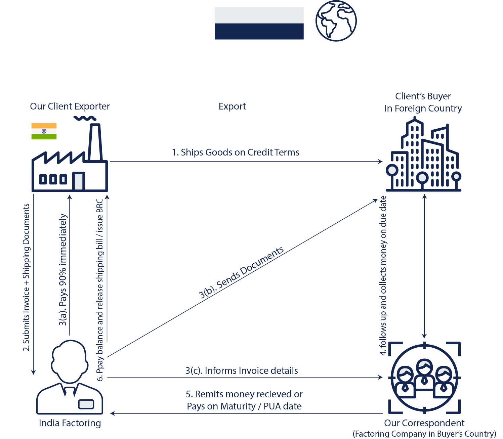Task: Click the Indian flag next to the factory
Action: (x=44, y=131)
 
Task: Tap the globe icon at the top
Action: (x=336, y=21)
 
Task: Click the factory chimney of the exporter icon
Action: (x=95, y=143)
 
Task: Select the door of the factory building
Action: (x=78, y=181)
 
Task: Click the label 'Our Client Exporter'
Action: (x=70, y=106)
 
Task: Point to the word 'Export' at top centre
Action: (x=232, y=106)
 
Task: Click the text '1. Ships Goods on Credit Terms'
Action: (x=235, y=152)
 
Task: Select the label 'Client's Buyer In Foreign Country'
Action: (x=423, y=102)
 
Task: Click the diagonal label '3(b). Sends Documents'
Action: (x=241, y=273)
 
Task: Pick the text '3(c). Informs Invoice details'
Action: (x=242, y=371)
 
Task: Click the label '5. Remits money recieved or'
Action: (x=244, y=394)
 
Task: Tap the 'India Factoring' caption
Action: (x=70, y=423)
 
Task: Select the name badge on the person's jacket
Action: (x=86, y=404)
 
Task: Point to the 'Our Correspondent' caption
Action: (x=424, y=423)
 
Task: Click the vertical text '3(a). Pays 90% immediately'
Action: (x=63, y=270)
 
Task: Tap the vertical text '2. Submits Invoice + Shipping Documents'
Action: (x=27, y=277)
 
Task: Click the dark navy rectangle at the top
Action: (x=259, y=31)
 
